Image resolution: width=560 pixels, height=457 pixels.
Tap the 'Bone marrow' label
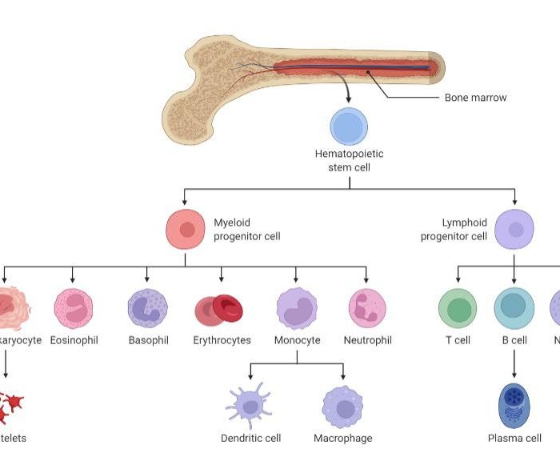click(x=475, y=98)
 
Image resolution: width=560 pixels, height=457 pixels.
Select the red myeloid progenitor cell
click(x=186, y=230)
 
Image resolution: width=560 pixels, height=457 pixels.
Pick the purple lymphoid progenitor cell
click(x=514, y=230)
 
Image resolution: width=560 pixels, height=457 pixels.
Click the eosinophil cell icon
click(x=74, y=309)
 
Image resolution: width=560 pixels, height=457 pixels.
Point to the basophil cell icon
click(x=148, y=309)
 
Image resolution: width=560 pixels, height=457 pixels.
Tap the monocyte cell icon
click(x=297, y=309)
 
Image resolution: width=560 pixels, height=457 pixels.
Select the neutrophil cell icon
click(x=367, y=309)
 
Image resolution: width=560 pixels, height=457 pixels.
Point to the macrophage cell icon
click(x=343, y=407)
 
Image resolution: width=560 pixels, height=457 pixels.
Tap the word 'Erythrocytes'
click(x=222, y=340)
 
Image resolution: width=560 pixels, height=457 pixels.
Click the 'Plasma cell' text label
click(x=514, y=439)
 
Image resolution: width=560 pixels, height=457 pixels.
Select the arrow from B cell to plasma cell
click(x=514, y=364)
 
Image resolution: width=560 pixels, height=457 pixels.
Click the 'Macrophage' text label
click(x=342, y=439)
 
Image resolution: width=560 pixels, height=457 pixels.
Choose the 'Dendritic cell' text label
click(x=250, y=439)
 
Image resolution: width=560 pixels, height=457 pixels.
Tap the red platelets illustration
click(x=10, y=407)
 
